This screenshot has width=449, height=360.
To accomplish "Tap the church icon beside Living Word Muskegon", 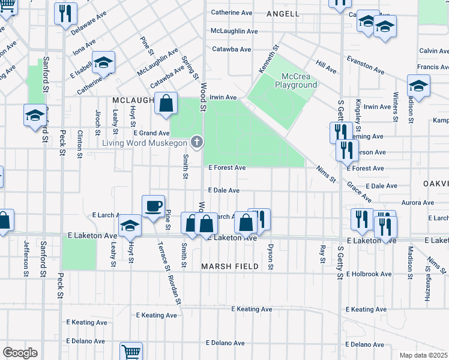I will click(x=196, y=142).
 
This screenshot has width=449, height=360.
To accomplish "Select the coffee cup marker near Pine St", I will click(x=153, y=206).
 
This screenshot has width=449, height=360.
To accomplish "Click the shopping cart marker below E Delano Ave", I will click(x=130, y=352).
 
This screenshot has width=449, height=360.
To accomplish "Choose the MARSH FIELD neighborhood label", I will click(x=230, y=266).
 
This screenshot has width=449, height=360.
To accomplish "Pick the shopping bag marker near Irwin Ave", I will click(x=166, y=104).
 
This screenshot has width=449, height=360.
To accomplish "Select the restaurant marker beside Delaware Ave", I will click(x=65, y=13).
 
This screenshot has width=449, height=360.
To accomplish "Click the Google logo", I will click(x=20, y=353).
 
